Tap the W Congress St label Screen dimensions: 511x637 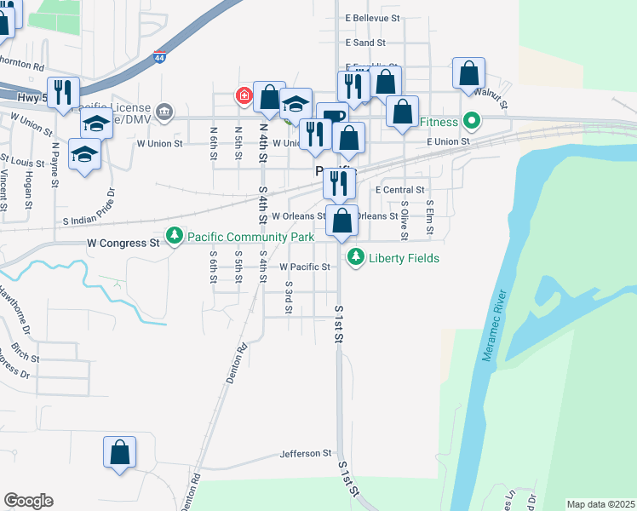click(123, 243)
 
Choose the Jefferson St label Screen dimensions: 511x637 click(305, 454)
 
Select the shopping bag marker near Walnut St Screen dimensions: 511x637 click(468, 74)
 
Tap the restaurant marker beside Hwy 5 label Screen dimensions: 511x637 click(63, 93)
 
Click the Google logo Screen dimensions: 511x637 click(28, 501)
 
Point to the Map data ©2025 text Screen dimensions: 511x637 click(600, 504)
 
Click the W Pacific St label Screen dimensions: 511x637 click(305, 267)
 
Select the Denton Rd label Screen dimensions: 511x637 click(237, 363)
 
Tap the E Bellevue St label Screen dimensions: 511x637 click(372, 18)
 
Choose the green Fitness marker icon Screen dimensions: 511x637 click(468, 121)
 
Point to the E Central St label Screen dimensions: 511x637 click(399, 190)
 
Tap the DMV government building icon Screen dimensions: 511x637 click(164, 111)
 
